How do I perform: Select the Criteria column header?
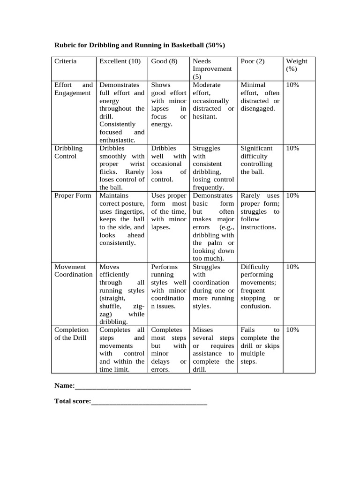pos(66,61)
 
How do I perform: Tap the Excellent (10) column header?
pos(120,61)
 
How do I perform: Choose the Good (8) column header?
pos(164,61)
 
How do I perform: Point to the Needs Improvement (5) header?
pos(212,69)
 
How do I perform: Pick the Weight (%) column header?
pos(297,65)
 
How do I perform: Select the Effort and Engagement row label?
pos(73,89)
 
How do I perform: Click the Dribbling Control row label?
pos(68,152)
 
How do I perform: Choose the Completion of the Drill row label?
pos(71,334)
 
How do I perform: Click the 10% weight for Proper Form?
pos(292,195)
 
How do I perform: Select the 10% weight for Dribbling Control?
pos(292,148)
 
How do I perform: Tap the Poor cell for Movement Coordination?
pos(260,286)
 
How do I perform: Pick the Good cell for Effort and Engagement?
pos(169,105)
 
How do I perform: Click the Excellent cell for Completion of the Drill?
pos(122,350)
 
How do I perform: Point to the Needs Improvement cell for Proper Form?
pos(213,227)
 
